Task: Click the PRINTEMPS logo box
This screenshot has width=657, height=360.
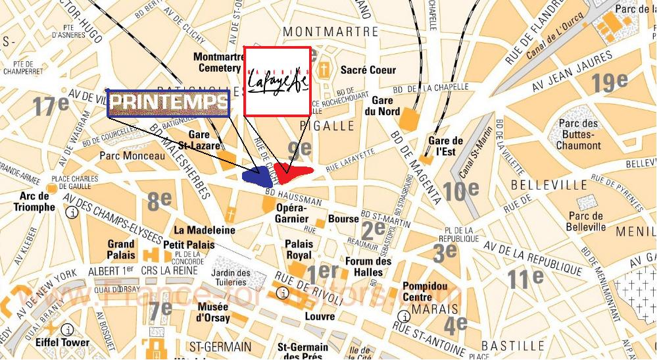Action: point(168,103)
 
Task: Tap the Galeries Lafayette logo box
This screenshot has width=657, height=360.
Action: point(277,80)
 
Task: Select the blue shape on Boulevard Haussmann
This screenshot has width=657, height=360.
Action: point(258,175)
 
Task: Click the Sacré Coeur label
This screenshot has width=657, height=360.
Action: point(368,70)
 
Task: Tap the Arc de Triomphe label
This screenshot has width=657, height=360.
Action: point(34,202)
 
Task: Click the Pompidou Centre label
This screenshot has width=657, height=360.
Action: point(425,292)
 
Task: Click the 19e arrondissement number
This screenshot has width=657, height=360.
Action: point(609,82)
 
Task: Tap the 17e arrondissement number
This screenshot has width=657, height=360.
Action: point(51,105)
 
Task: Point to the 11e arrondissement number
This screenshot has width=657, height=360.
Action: point(525,278)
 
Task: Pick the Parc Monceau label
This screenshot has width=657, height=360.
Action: point(132,156)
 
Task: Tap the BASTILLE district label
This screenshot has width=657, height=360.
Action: point(512,346)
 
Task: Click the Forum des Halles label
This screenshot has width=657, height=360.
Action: point(368,267)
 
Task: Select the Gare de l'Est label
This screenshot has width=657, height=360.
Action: point(446,145)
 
